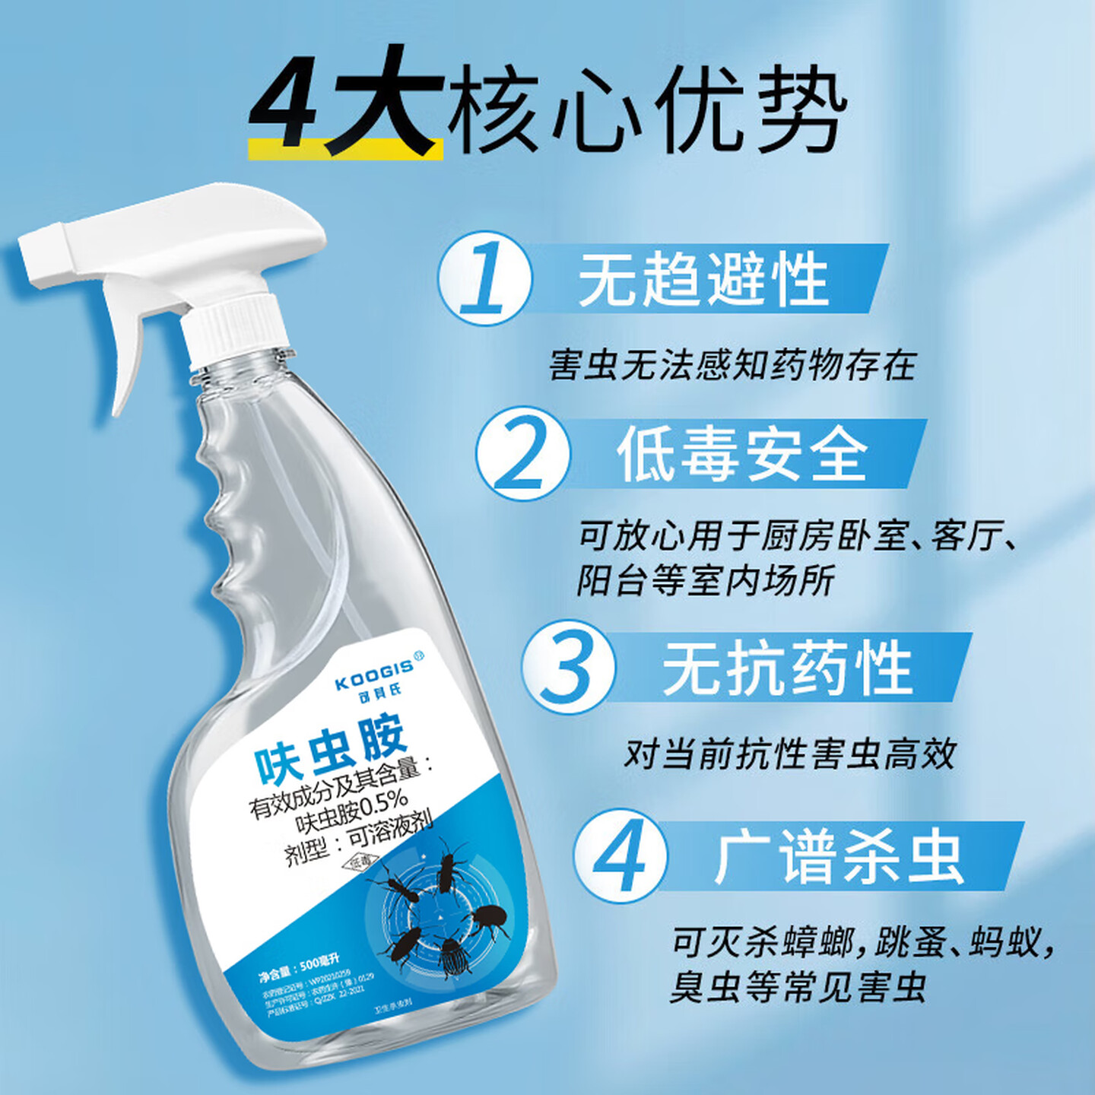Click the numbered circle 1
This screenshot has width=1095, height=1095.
484,278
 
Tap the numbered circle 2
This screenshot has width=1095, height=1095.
523,453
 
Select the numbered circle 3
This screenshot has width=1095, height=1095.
570,667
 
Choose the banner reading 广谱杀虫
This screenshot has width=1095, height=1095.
839,857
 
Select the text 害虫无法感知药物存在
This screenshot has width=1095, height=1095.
732,366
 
